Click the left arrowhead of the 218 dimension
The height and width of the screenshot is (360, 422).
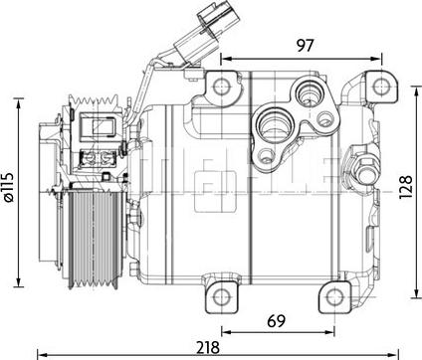point(40,352)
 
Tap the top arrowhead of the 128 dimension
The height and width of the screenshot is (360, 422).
point(416,90)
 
